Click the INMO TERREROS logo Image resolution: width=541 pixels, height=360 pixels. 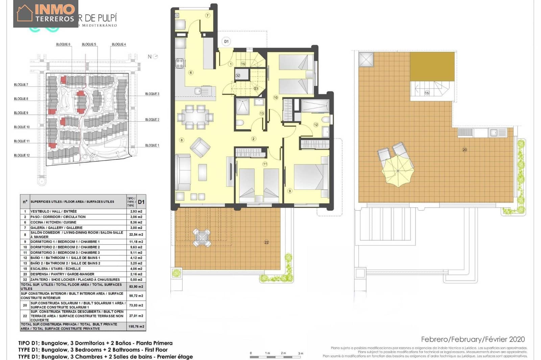point(46,14)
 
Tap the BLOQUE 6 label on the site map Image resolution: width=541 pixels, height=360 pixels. point(63,44)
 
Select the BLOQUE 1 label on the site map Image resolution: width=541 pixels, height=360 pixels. point(152,145)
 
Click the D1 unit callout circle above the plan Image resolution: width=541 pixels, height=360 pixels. point(226,41)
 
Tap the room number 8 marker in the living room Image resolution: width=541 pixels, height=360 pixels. point(182,140)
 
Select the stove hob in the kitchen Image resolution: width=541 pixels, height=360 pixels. point(180,63)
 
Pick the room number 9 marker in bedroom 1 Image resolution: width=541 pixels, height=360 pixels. point(290,191)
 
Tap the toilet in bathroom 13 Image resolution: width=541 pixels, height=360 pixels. point(240,123)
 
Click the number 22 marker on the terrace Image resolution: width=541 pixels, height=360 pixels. point(266,242)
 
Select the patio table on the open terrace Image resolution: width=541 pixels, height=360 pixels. point(201,238)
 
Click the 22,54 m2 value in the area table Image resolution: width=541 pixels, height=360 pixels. point(136,235)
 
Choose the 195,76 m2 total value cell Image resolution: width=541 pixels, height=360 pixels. point(136,327)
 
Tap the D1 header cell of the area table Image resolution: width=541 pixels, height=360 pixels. point(141,202)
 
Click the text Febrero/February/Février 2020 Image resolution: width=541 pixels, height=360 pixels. point(473,339)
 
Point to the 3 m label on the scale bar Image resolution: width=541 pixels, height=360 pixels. point(300,353)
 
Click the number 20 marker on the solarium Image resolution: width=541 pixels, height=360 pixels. point(465,150)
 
